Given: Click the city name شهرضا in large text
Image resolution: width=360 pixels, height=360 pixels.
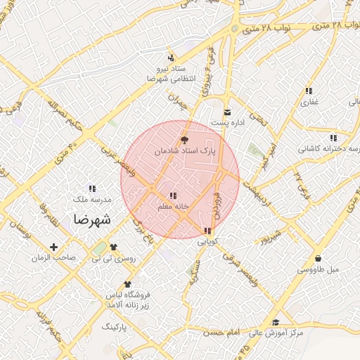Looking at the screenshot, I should (x=91, y=219).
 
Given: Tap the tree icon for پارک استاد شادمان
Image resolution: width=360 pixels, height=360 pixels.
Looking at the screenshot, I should (x=185, y=141).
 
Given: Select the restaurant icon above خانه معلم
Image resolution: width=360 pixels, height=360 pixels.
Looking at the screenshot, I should (x=173, y=195).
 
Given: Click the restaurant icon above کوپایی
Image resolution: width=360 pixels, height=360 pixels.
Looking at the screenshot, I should (x=207, y=231).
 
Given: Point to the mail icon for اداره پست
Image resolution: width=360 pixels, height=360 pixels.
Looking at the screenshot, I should (x=227, y=112).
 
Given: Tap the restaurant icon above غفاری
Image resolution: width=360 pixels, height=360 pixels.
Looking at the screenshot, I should (x=309, y=91).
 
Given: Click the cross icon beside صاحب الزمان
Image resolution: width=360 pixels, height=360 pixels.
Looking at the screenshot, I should (x=54, y=247).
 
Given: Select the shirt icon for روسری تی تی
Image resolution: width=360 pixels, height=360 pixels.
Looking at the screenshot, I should (x=113, y=247).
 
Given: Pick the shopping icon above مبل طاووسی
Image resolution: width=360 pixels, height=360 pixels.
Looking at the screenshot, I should (x=320, y=258).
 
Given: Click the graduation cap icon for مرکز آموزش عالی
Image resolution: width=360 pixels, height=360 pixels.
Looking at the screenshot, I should (x=275, y=323).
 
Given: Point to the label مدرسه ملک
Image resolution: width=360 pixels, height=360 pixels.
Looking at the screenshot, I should (x=94, y=200).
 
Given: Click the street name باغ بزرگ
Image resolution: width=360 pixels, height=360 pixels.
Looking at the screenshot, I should (x=143, y=230).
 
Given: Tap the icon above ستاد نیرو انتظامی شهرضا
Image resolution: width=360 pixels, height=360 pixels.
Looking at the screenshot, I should (x=170, y=58).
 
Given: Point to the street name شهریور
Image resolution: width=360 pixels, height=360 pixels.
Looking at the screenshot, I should (x=270, y=237).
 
